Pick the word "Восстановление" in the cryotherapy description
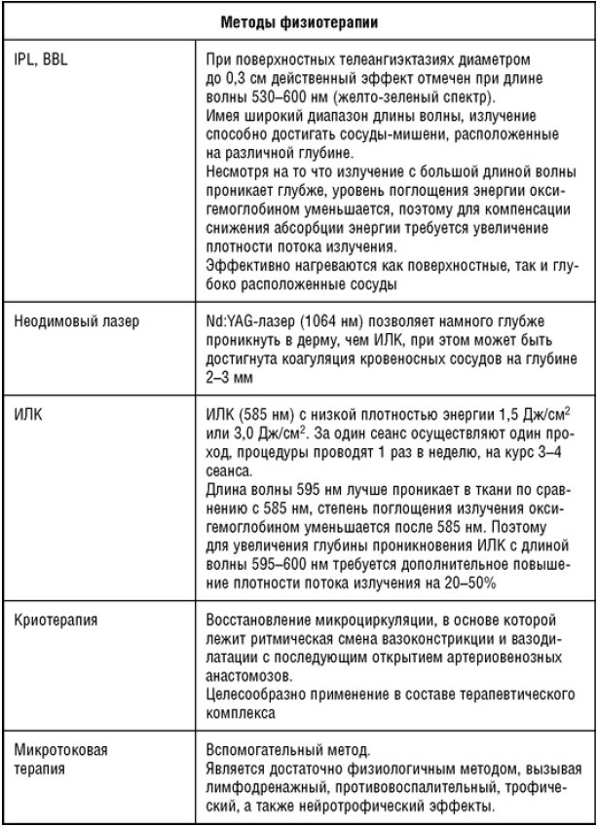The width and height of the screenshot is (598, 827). coord(256,619)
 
